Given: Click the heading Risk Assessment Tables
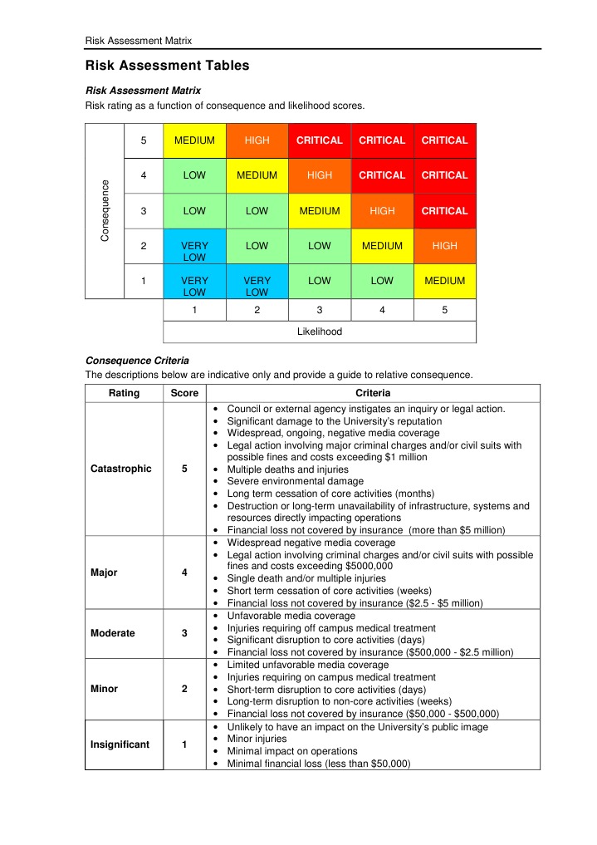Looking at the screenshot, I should [167, 66].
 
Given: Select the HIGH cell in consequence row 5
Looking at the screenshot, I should [257, 140].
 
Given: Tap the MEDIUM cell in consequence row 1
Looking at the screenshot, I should [444, 281].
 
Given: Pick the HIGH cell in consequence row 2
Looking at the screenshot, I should [444, 246].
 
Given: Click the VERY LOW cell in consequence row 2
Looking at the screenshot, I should [194, 252].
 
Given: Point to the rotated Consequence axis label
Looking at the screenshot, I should [105, 211].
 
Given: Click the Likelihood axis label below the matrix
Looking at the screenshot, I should [319, 332].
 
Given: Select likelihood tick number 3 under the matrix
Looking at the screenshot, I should [319, 310].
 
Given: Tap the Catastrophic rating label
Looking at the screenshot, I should [120, 469].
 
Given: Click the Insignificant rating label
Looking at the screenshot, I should [120, 744].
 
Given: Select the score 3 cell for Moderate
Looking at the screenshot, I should [184, 633].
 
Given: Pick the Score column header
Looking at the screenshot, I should [184, 393].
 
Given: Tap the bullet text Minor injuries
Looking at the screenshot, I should [257, 739].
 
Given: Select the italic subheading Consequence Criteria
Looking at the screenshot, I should [137, 361].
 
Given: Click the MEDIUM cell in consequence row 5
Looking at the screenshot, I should [194, 140].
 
